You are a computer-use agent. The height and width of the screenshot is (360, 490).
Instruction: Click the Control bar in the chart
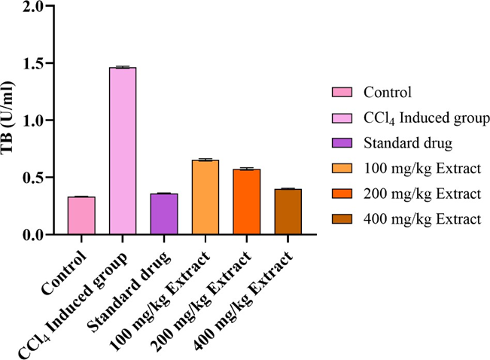pos(81,216)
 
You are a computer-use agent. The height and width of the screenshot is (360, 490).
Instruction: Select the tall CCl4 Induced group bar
pos(123,151)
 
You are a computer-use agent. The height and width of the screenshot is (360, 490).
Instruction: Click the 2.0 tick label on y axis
pos(43,6)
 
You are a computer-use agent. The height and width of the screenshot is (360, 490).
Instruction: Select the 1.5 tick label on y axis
pos(43,63)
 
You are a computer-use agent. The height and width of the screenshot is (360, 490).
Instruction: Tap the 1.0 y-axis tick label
pos(43,121)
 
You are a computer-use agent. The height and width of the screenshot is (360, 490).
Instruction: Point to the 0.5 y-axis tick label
pos(43,178)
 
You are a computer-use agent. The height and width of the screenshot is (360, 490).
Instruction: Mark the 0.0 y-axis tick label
pos(43,235)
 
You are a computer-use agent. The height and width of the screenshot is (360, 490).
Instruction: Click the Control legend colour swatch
pos(342,93)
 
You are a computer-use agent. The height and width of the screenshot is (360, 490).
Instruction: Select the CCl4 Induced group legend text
pos(426,118)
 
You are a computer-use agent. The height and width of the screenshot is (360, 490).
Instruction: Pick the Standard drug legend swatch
pos(342,143)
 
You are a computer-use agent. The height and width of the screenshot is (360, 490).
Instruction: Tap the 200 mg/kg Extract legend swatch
pos(342,194)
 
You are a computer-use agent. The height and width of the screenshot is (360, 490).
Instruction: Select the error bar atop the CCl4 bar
pos(123,67)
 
